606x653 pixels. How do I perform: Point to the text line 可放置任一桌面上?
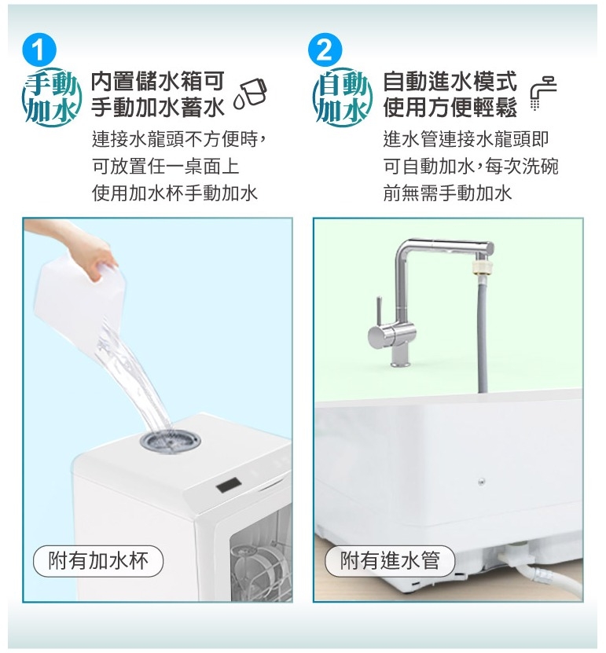(x=166, y=167)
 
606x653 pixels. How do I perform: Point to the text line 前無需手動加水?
(x=447, y=193)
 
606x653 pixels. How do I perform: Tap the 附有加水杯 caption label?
(x=98, y=560)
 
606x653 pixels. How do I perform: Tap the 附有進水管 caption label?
(x=390, y=560)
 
